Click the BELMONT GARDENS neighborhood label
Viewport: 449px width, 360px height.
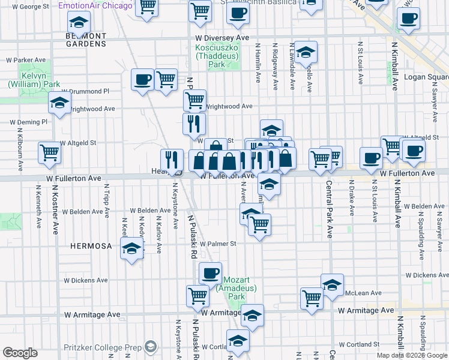point(85,40)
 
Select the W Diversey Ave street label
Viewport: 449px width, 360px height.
point(221,37)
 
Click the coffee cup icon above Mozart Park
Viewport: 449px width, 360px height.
point(210,273)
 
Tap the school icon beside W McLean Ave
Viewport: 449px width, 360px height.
point(332,284)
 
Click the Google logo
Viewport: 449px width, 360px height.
point(20,353)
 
